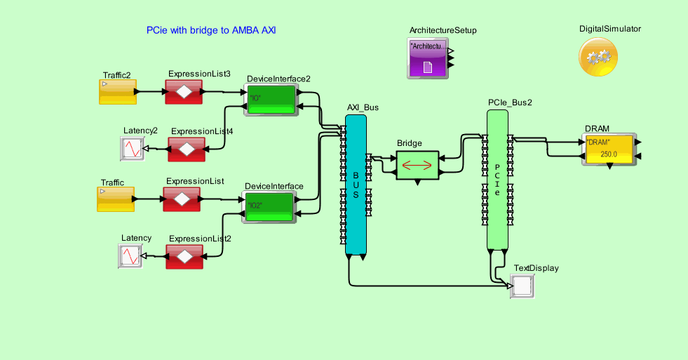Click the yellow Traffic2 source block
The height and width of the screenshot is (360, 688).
(117, 92)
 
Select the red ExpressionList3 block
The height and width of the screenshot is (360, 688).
(183, 92)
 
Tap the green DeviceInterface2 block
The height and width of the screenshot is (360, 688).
(271, 99)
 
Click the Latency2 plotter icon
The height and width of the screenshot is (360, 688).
(131, 148)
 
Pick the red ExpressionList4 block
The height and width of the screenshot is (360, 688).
(186, 149)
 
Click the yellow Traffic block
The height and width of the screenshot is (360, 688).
(114, 199)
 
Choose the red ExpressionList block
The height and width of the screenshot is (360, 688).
(182, 199)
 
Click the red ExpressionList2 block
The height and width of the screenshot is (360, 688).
(184, 256)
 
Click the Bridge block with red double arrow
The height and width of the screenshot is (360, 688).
(417, 165)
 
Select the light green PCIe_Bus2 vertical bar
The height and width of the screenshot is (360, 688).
(497, 180)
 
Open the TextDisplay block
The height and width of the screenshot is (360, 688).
(522, 286)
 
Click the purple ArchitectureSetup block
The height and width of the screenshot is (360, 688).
(428, 58)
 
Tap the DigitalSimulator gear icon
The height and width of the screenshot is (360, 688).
(598, 58)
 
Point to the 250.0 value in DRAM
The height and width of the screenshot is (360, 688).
(609, 154)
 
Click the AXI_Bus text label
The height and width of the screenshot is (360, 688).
(363, 107)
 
